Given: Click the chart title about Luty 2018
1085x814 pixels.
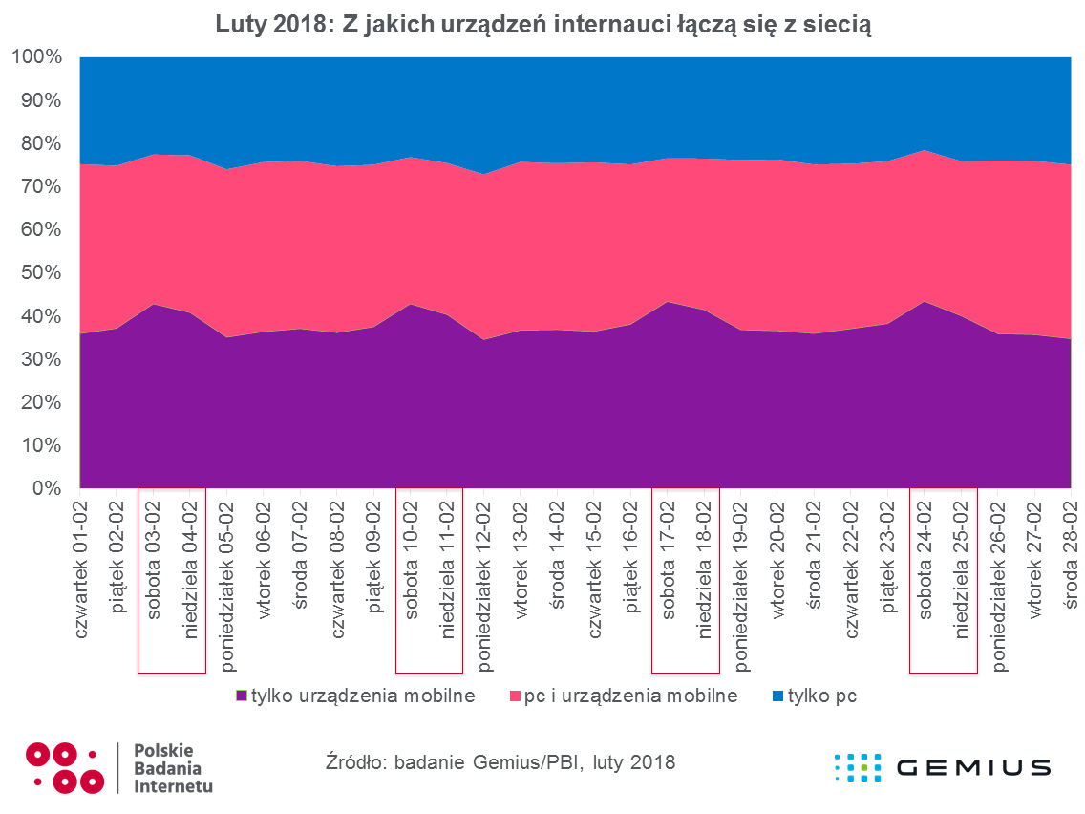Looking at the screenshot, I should (542, 28).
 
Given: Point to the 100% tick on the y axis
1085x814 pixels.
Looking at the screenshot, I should (36, 57).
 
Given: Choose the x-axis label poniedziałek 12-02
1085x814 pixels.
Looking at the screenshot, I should (483, 584).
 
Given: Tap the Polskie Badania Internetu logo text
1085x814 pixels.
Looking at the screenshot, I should (174, 768).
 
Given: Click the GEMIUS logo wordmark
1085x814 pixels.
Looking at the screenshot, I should (974, 767).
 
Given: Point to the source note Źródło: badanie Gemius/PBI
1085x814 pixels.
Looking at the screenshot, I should (500, 762).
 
